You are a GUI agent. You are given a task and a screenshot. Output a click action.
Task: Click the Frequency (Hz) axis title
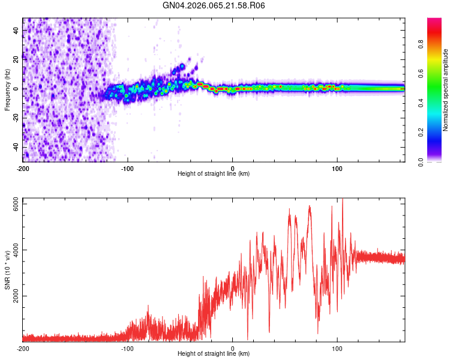[7, 90]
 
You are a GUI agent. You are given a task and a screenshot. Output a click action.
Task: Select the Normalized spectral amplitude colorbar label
[446, 90]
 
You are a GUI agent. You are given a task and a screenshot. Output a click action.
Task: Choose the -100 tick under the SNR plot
[128, 349]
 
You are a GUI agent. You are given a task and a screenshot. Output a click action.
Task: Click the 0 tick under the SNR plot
[233, 349]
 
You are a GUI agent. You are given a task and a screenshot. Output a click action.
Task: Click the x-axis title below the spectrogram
[214, 174]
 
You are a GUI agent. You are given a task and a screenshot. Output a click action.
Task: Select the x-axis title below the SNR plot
[214, 355]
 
